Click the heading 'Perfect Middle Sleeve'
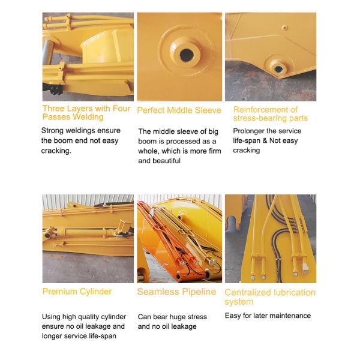(x=179, y=110)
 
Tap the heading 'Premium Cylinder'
(x=77, y=292)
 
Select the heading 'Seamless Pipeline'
(x=176, y=292)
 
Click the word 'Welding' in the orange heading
(x=89, y=117)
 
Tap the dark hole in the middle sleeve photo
(x=187, y=55)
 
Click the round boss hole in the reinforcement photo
(x=277, y=62)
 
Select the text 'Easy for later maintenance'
(x=268, y=316)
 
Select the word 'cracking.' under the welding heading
(x=56, y=151)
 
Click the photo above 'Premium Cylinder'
(x=88, y=238)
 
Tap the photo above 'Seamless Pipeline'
(x=179, y=238)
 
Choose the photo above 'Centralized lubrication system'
(x=270, y=238)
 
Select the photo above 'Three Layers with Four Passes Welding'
(x=88, y=57)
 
